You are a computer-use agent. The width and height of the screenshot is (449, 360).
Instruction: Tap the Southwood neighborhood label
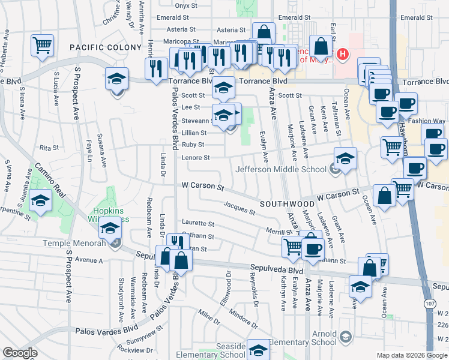click(x=283, y=204)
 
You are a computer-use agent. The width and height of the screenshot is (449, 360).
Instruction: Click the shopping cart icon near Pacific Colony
click(x=42, y=45)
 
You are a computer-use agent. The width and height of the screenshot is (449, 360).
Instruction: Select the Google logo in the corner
click(x=20, y=353)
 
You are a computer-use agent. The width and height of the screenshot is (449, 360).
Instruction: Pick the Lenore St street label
click(x=196, y=158)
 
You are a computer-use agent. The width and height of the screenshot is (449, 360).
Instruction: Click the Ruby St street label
click(x=193, y=145)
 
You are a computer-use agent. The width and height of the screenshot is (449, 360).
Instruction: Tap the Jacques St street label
click(x=240, y=210)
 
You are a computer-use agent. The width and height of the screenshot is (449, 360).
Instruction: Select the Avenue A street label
click(x=89, y=260)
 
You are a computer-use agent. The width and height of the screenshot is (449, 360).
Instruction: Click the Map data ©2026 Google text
click(x=412, y=355)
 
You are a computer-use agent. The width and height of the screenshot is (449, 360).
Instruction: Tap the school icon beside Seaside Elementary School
click(x=258, y=349)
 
